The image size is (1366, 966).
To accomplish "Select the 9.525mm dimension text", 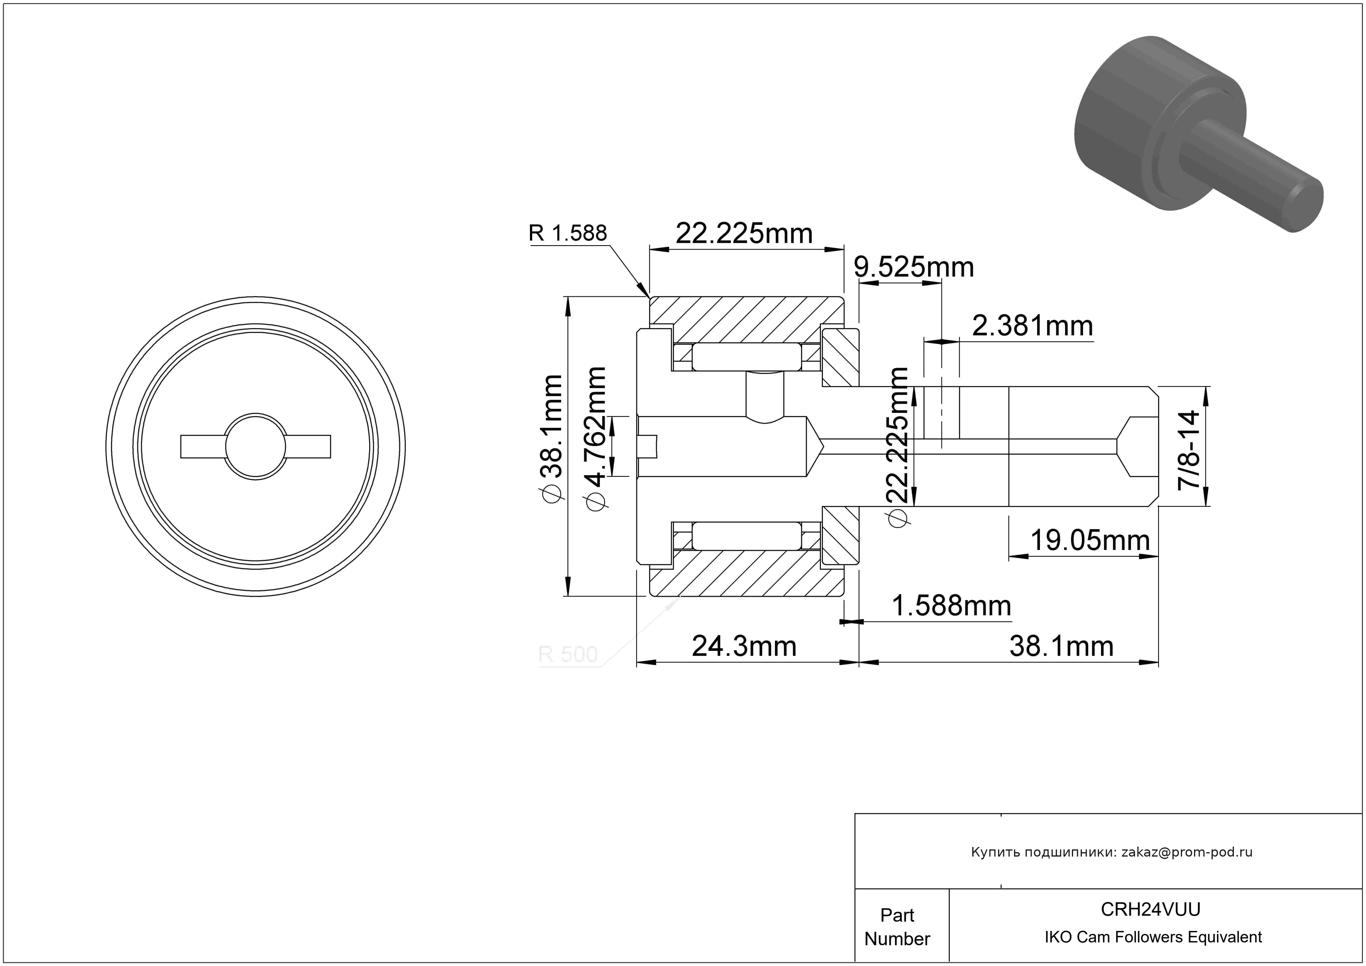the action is tap(914, 267).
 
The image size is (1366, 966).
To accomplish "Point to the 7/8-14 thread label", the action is tap(1189, 449).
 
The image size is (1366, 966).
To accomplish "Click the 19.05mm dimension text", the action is tap(1090, 540).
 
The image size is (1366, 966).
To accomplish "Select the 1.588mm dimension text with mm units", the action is tap(951, 606).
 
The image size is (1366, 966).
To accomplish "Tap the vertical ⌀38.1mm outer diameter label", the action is tap(551, 438).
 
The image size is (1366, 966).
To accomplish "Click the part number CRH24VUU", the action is tap(1151, 909).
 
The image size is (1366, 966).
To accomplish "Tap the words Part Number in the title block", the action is tap(897, 927).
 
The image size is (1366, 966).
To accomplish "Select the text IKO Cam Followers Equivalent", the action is tap(1153, 937).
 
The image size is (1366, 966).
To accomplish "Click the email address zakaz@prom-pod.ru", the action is tap(1187, 852).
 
